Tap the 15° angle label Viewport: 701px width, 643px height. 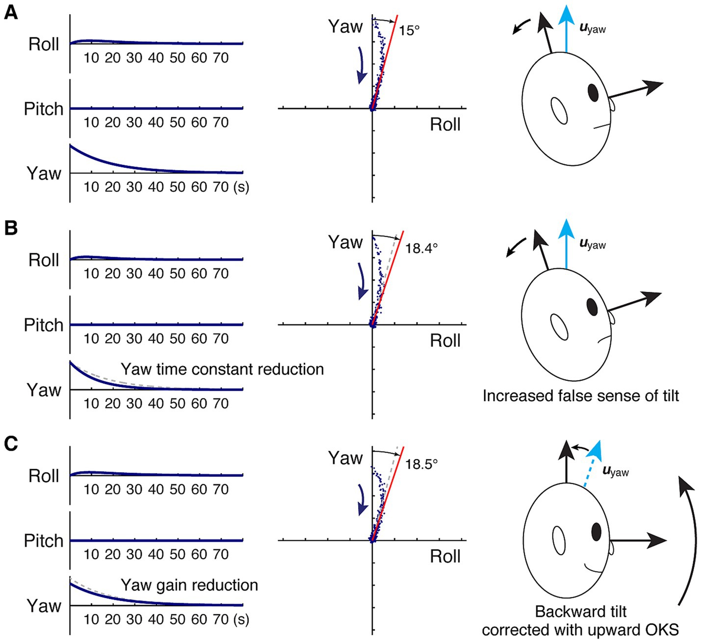pyautogui.click(x=409, y=30)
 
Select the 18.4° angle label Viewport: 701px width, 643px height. pyautogui.click(x=421, y=248)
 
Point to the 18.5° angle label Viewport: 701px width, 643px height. pyautogui.click(x=421, y=463)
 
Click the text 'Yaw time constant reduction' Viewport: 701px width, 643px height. pyautogui.click(x=222, y=369)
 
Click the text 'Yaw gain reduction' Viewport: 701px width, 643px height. pyautogui.click(x=189, y=585)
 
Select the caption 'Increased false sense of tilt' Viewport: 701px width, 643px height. pyautogui.click(x=581, y=395)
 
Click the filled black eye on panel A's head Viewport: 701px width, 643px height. pyautogui.click(x=593, y=92)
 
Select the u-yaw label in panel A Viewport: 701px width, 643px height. pyautogui.click(x=593, y=28)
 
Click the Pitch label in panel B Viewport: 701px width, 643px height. pyautogui.click(x=44, y=325)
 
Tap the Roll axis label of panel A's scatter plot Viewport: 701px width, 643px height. pyautogui.click(x=445, y=125)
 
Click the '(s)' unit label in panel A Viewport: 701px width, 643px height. pyautogui.click(x=241, y=187)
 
